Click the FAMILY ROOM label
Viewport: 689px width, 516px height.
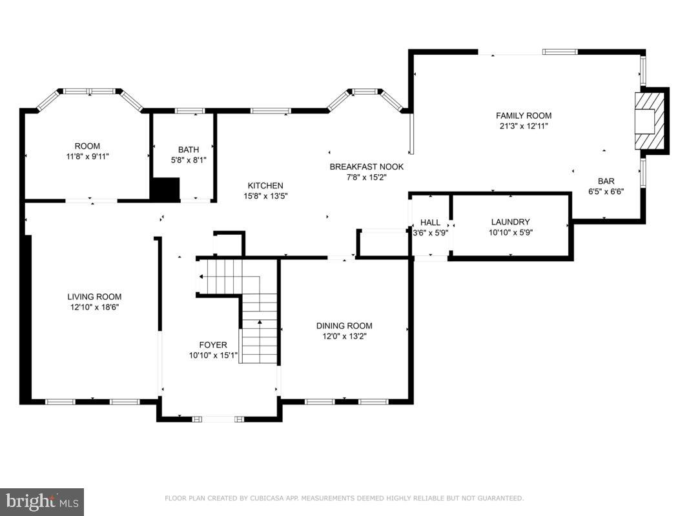click(523, 116)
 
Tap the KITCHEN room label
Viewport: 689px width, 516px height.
click(265, 186)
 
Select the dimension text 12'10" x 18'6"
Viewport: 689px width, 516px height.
click(94, 307)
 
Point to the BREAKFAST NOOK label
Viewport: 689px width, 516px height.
click(367, 167)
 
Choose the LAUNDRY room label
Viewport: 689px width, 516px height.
click(510, 222)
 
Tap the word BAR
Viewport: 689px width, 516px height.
click(606, 181)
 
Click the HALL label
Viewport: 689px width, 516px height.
click(430, 223)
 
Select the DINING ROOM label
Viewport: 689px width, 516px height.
click(344, 326)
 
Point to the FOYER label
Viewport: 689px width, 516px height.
click(213, 345)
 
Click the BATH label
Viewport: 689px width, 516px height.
click(189, 150)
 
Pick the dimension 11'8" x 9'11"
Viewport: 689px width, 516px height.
click(87, 156)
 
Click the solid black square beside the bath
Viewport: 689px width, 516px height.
click(165, 189)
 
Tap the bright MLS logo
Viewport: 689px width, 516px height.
click(42, 502)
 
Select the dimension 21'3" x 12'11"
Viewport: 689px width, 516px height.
click(524, 126)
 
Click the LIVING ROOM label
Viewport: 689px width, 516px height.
click(94, 297)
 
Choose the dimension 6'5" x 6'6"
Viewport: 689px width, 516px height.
click(606, 192)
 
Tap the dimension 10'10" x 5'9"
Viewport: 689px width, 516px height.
click(511, 233)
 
